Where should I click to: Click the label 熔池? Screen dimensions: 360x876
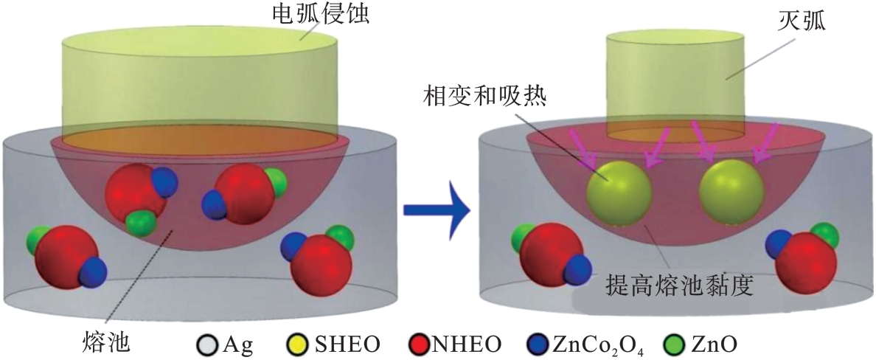click(107, 341)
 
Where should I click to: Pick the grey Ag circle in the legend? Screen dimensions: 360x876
click(206, 344)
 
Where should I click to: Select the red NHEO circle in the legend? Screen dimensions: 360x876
click(417, 344)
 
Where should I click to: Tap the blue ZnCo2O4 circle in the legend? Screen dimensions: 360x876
click(538, 344)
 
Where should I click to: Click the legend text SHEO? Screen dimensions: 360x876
click(343, 344)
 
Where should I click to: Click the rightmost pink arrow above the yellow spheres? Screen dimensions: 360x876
click(767, 142)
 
